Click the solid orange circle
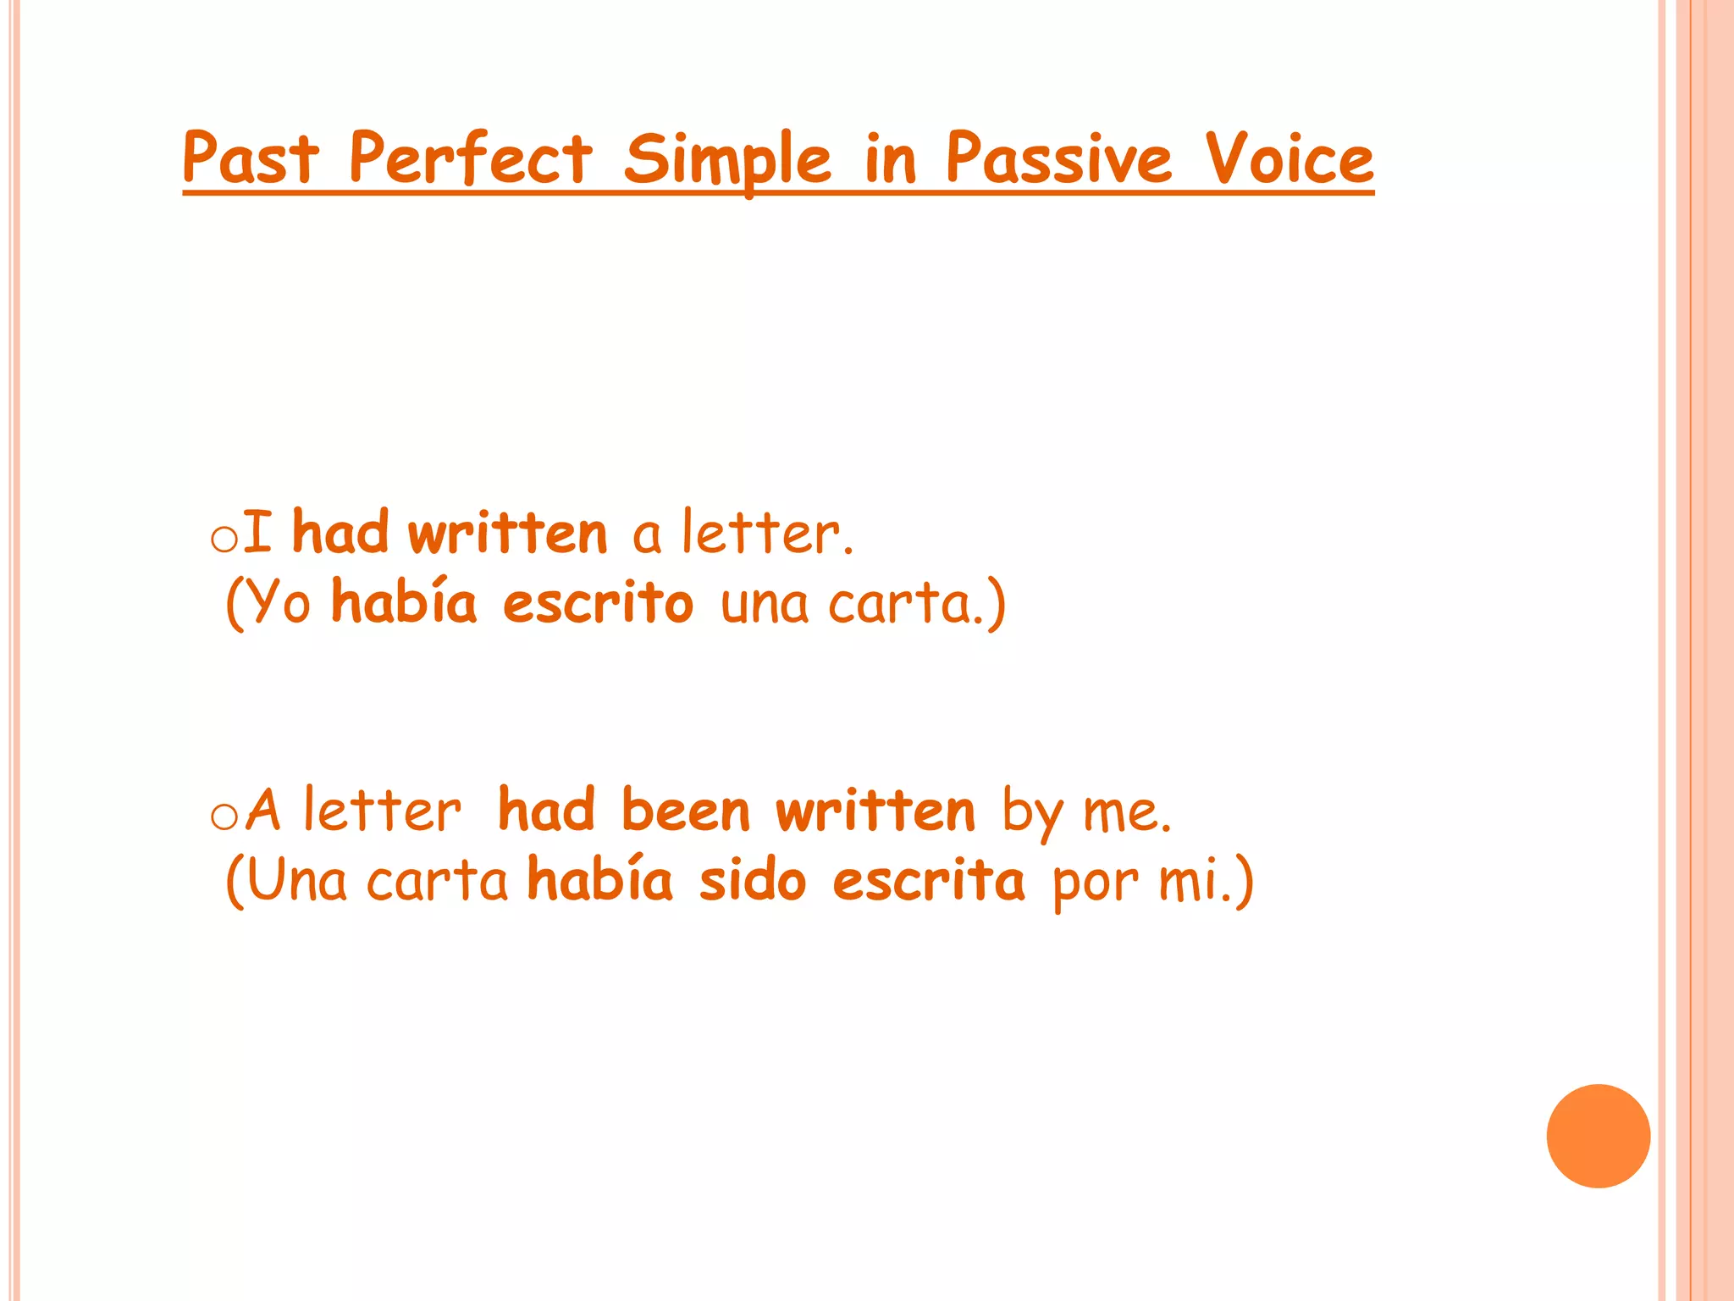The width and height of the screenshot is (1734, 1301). pos(1598,1136)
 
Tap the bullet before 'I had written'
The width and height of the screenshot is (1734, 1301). pos(224,540)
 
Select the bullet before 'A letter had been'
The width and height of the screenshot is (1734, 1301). pos(224,817)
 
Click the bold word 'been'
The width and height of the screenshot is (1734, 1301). pos(686,811)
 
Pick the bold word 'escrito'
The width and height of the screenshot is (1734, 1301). pos(598,603)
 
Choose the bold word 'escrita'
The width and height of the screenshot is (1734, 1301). pos(928,881)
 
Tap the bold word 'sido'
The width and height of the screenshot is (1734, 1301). pos(753,881)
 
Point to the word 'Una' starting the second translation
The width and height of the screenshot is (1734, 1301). pos(297,881)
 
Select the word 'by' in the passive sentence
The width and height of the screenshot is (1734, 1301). pos(1031,813)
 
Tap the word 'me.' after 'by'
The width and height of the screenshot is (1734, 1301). pos(1128,813)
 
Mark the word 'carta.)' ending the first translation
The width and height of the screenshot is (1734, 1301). pos(917,603)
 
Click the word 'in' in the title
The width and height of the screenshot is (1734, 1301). pos(891,160)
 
